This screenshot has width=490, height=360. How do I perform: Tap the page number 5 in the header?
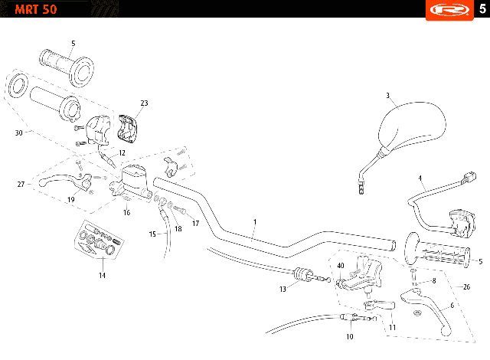[481, 8]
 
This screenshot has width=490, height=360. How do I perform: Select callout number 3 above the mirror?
[388, 96]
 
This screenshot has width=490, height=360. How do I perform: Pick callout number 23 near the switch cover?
[144, 103]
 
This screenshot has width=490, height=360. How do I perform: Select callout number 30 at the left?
[18, 133]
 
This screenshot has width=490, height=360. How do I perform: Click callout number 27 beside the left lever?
[21, 184]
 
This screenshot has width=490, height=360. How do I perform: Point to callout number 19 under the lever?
[70, 200]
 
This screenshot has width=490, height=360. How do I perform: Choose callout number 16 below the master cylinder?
[127, 212]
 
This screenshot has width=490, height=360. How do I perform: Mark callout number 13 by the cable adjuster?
[283, 290]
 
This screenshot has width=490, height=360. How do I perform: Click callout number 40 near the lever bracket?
[341, 266]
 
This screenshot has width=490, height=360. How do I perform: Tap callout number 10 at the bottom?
[349, 335]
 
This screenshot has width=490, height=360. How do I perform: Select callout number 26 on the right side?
[467, 287]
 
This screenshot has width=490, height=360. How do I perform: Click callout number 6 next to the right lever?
[452, 306]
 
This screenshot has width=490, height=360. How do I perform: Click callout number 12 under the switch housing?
[122, 153]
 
